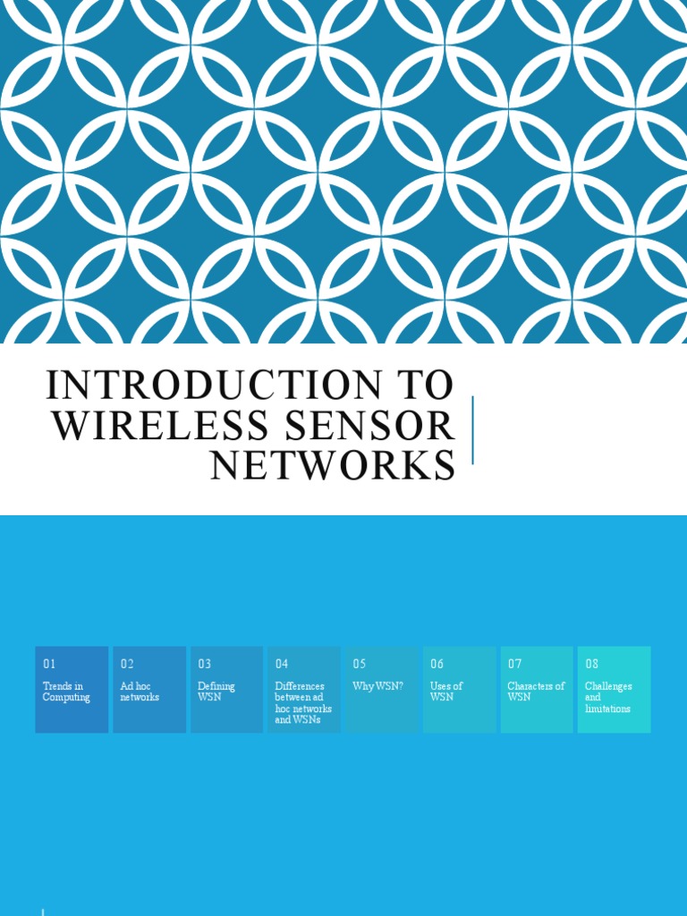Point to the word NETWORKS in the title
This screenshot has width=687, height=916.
pyautogui.click(x=333, y=466)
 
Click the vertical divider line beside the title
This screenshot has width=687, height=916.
pyautogui.click(x=472, y=429)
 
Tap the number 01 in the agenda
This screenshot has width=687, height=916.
pyautogui.click(x=49, y=664)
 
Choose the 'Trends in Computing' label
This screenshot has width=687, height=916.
pyautogui.click(x=66, y=691)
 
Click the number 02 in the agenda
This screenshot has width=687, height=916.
pyautogui.click(x=127, y=664)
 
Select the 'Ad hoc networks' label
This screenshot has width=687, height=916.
pyautogui.click(x=140, y=691)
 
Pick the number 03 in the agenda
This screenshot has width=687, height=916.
pyautogui.click(x=205, y=664)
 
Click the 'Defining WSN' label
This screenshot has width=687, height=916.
pyautogui.click(x=216, y=691)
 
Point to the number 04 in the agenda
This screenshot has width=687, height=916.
pyautogui.click(x=282, y=664)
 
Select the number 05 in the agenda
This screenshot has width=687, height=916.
pyautogui.click(x=360, y=664)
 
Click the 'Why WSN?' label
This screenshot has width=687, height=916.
pyautogui.click(x=377, y=686)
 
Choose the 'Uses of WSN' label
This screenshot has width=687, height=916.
pyautogui.click(x=446, y=691)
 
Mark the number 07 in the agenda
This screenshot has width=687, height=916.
pyautogui.click(x=514, y=664)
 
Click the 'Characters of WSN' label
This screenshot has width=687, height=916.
pyautogui.click(x=536, y=691)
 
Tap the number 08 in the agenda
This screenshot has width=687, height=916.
pyautogui.click(x=592, y=664)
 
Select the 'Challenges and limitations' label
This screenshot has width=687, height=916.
pyautogui.click(x=608, y=698)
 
